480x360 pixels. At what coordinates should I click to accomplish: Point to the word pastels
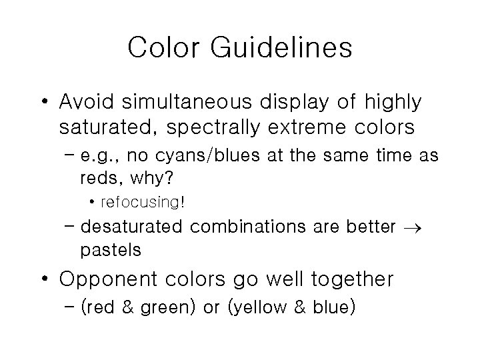(x=111, y=250)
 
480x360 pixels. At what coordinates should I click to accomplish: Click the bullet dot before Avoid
(x=45, y=103)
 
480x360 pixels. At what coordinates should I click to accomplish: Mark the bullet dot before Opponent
(x=45, y=280)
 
